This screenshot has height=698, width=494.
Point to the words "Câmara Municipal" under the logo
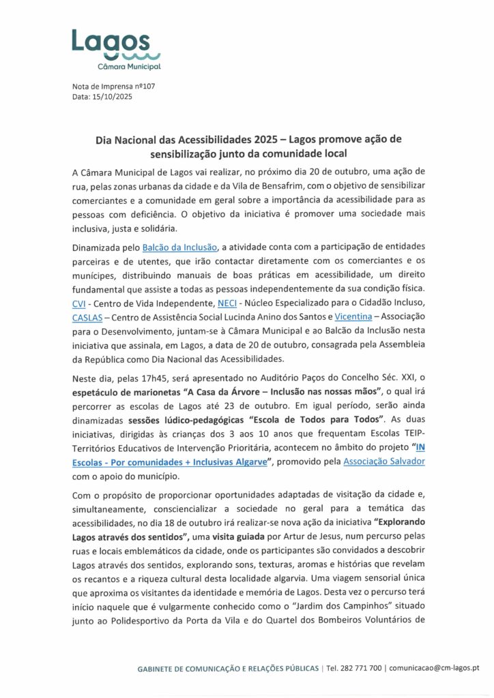[130, 67]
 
